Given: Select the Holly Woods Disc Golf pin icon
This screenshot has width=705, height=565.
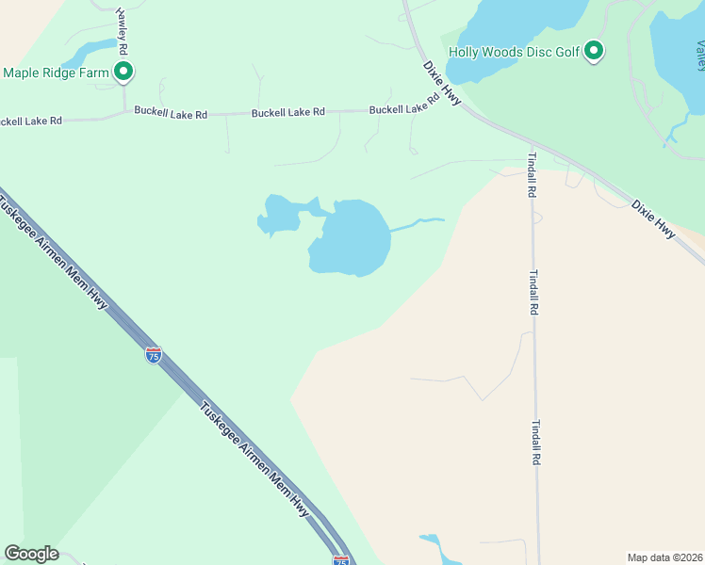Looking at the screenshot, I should pyautogui.click(x=594, y=50).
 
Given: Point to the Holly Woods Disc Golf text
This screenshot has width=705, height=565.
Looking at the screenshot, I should pyautogui.click(x=514, y=52).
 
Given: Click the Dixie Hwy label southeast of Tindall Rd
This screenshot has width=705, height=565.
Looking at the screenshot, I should pyautogui.click(x=654, y=218).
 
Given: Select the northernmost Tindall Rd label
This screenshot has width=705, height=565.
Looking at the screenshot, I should pyautogui.click(x=533, y=174).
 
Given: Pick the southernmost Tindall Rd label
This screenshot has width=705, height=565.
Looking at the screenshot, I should pyautogui.click(x=536, y=443).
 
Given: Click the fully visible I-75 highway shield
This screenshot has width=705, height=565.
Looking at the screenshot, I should pyautogui.click(x=153, y=355).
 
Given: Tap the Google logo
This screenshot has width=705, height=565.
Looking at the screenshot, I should pyautogui.click(x=32, y=554).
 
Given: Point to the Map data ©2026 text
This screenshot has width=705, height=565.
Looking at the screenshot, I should pyautogui.click(x=664, y=557).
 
